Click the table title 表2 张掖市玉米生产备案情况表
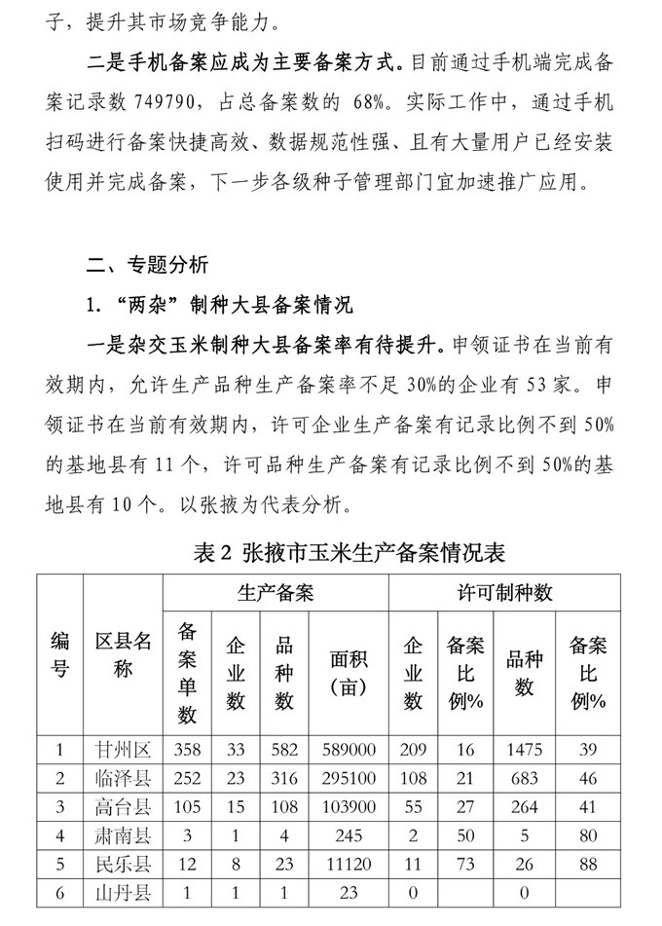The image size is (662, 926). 331,552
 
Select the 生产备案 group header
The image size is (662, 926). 276,591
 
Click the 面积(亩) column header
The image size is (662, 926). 347,674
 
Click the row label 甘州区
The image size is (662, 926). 123,750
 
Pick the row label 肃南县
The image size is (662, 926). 123,836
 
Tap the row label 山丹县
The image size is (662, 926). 123,893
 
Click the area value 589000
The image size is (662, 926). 347,750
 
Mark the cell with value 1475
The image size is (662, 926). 525,750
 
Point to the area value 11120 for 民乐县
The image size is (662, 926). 347,865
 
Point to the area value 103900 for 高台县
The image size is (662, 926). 347,807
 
